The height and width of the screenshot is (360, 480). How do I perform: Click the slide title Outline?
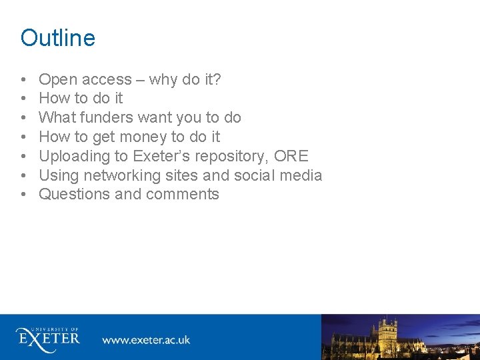[58, 38]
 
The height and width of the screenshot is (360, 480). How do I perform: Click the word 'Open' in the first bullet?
[57, 80]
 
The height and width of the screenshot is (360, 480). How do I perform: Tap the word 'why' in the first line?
[163, 80]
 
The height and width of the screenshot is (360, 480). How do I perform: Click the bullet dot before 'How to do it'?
[24, 99]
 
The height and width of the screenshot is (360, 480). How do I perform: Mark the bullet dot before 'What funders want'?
[24, 119]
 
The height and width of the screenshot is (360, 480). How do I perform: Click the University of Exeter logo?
[48, 337]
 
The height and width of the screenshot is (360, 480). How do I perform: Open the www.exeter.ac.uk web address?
[146, 340]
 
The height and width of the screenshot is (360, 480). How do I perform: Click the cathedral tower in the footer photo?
[386, 333]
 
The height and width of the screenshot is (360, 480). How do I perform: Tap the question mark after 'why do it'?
[217, 80]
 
